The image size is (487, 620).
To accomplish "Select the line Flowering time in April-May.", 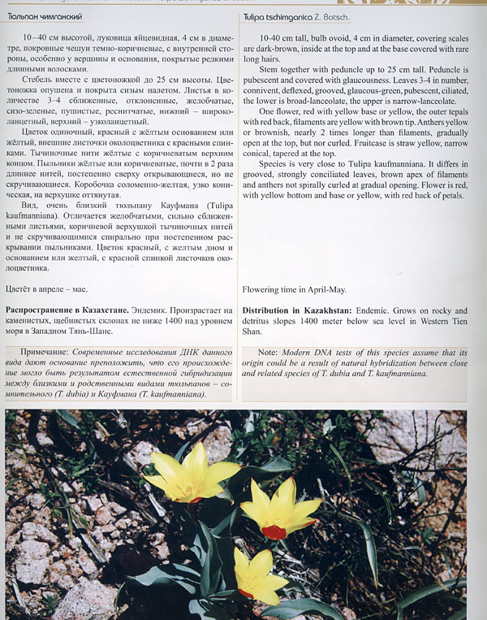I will [x=294, y=288].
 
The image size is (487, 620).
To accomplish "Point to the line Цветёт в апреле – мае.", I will [x=47, y=288].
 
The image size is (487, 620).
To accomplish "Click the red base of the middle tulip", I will [x=274, y=531].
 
